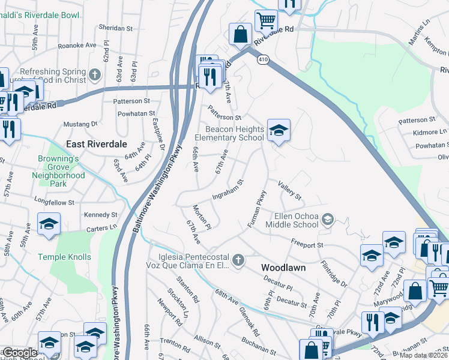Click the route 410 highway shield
coord(263,59)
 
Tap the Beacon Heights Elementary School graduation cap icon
coord(279,131)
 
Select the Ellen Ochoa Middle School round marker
coord(327,220)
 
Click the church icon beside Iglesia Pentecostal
coord(238,260)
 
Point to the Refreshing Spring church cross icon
coord(94,76)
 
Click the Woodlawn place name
coord(283,267)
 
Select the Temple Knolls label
coord(65,257)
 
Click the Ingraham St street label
coord(228,189)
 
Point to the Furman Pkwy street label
coord(257,209)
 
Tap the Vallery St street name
coord(289,191)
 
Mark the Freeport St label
coord(307,245)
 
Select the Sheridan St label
coord(115,28)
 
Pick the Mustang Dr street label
coord(80,124)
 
